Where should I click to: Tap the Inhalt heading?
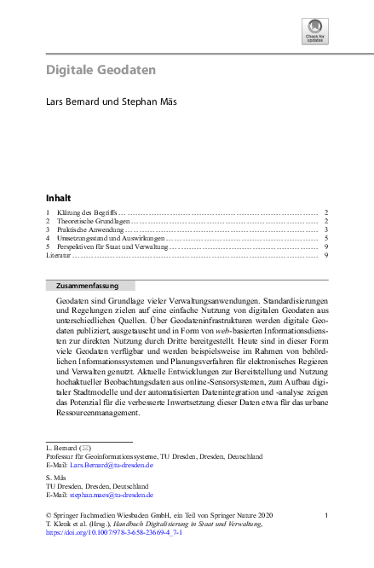59,198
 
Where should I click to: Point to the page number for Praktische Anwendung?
326,229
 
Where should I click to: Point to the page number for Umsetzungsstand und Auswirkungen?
326,238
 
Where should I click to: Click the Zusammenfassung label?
82,286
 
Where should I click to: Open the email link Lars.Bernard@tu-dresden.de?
112,466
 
